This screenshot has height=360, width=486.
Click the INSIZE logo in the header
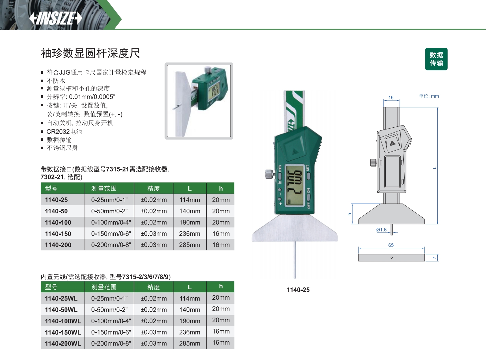(x=56, y=18)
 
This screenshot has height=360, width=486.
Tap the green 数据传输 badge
(x=436, y=59)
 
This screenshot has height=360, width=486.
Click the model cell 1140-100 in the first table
(x=58, y=222)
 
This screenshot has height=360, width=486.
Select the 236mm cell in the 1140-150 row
(x=189, y=234)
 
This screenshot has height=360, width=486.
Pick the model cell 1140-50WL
(x=61, y=309)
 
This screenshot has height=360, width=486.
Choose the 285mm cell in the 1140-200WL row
(x=189, y=343)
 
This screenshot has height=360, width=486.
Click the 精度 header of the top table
(x=153, y=188)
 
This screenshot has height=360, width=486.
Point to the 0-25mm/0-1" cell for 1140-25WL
(x=109, y=298)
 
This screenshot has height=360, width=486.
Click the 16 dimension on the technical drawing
(x=391, y=97)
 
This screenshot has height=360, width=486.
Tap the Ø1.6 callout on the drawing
(x=381, y=230)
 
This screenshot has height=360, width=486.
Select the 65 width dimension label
(x=391, y=245)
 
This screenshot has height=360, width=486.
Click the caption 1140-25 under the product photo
(x=298, y=290)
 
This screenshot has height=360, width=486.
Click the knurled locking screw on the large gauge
(x=269, y=174)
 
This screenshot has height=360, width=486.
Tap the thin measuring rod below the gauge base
(x=295, y=260)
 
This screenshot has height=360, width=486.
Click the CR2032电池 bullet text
(x=64, y=132)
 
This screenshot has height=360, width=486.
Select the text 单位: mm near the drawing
(x=429, y=96)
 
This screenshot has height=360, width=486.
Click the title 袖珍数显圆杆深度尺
(x=90, y=53)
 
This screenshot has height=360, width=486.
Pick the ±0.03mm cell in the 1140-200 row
(x=153, y=245)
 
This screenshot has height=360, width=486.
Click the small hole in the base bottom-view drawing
(x=391, y=258)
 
